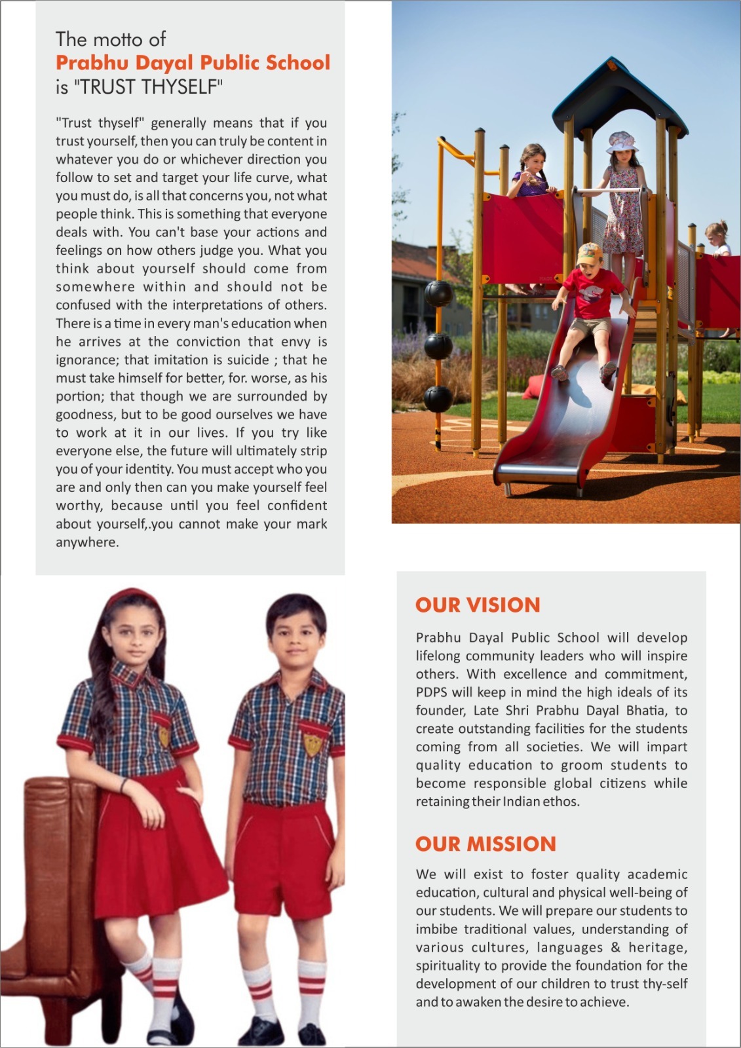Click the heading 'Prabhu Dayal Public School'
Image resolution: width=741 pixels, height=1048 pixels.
click(193, 63)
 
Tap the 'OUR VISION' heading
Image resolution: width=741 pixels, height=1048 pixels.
click(478, 605)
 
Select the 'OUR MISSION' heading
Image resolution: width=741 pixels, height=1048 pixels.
click(485, 844)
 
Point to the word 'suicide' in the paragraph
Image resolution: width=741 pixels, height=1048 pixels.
click(248, 360)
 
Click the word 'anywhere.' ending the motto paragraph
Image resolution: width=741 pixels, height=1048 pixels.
click(87, 542)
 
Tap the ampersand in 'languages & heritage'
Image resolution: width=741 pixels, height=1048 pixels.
click(615, 947)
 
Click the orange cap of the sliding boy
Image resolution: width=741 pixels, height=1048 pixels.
click(589, 252)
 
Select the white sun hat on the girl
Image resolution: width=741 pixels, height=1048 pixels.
click(622, 141)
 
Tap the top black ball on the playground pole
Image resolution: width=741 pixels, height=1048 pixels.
click(438, 293)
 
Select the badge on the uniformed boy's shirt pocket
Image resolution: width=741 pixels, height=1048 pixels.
click(313, 744)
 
